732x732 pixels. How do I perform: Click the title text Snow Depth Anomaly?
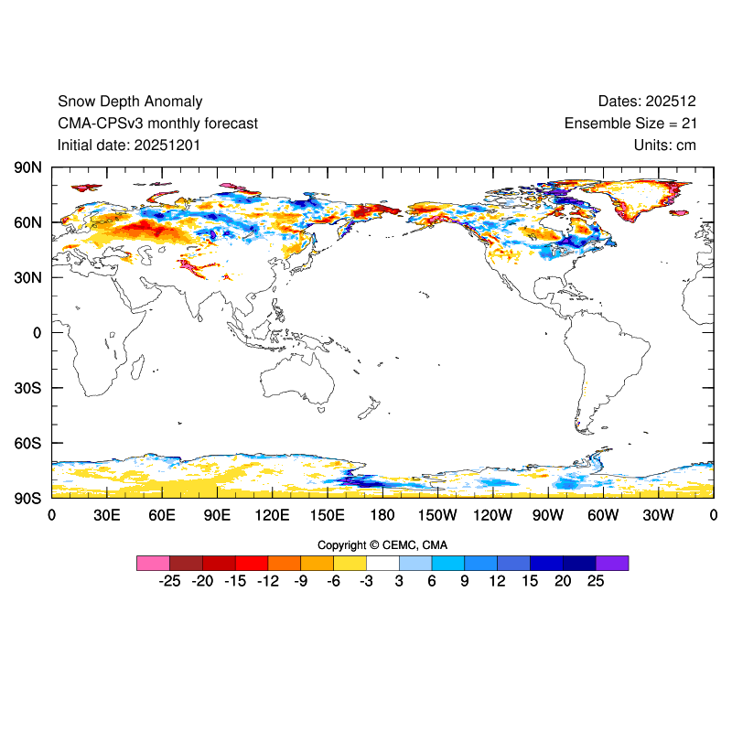pos(130,102)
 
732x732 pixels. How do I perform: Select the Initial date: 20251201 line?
pos(129,145)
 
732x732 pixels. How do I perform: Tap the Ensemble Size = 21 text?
pos(630,124)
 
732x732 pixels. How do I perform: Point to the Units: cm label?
pos(665,145)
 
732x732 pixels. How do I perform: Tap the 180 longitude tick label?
pos(382,515)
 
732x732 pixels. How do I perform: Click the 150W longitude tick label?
pos(437,515)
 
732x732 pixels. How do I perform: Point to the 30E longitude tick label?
pos(107,515)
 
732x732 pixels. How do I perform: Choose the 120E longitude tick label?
pos(272,515)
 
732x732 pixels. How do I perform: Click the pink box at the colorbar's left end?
pos(153,563)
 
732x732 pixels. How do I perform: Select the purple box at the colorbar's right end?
pos(611,563)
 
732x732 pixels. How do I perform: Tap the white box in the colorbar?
pos(382,563)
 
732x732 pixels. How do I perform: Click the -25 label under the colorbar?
pos(168,582)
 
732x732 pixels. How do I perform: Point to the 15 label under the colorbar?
pos(530,582)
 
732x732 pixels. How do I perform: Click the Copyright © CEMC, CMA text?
pos(382,545)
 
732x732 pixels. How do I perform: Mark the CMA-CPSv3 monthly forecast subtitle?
pos(157,124)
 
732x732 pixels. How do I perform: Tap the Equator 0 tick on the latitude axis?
pos(38,333)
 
